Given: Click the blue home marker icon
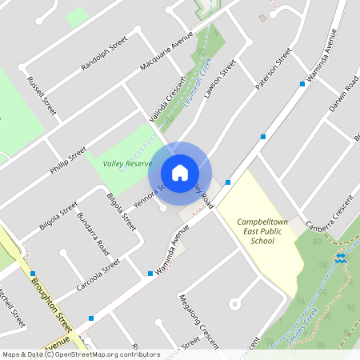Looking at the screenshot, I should [x=180, y=172].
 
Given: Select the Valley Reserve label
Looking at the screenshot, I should [x=127, y=163].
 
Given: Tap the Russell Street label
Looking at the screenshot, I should [x=42, y=94].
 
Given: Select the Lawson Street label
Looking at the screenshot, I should [x=219, y=81].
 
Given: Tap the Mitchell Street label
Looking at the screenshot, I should [x=11, y=308].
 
